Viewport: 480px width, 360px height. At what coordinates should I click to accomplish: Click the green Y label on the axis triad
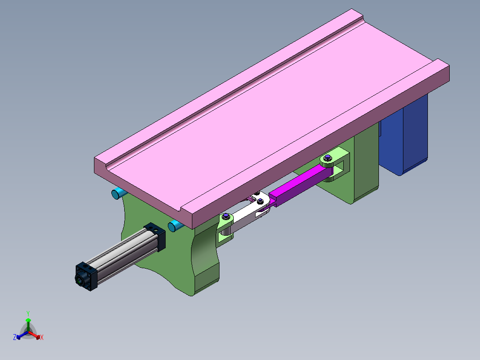[x=28, y=313]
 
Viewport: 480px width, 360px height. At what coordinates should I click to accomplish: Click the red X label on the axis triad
[x=42, y=338]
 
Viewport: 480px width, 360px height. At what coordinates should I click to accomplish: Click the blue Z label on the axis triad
[x=15, y=337]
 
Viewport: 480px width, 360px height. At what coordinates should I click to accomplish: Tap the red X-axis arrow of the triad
[x=37, y=335]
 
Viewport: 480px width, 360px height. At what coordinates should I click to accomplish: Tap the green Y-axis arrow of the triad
[x=28, y=322]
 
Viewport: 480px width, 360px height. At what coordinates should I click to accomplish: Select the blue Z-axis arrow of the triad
[x=20, y=335]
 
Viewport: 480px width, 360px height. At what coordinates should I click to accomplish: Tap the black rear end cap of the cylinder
[x=87, y=276]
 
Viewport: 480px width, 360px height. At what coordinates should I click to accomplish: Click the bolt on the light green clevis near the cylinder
[x=227, y=217]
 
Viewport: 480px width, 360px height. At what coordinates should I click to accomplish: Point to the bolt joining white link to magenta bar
[x=260, y=202]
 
